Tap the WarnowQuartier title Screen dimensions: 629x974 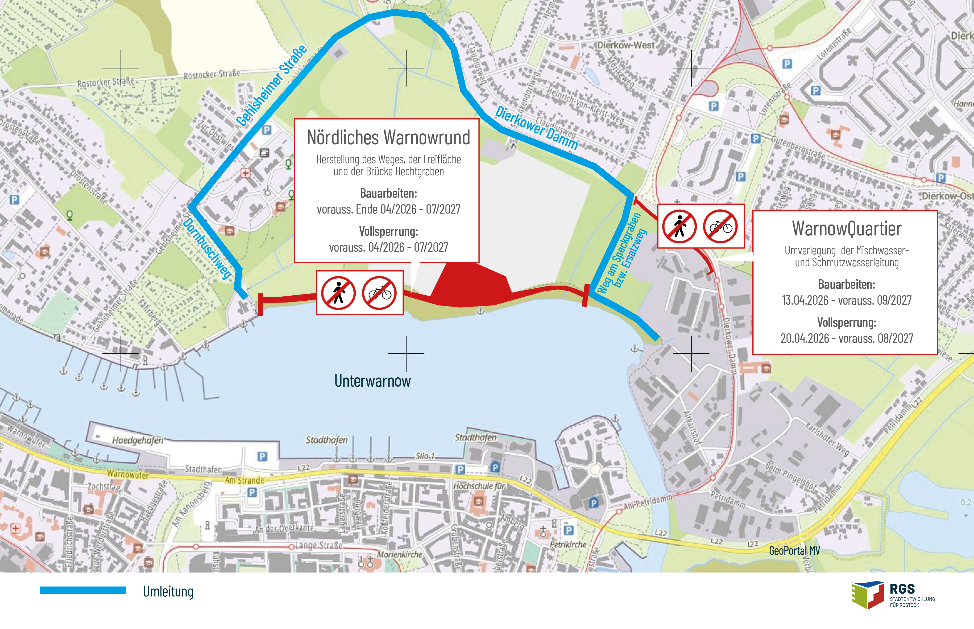(847, 228)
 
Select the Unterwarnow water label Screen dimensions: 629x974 (372, 381)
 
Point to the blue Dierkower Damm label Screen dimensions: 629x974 (537, 128)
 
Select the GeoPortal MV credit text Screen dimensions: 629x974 (794, 551)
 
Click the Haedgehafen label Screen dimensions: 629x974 (138, 440)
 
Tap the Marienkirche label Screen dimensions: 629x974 (400, 554)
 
